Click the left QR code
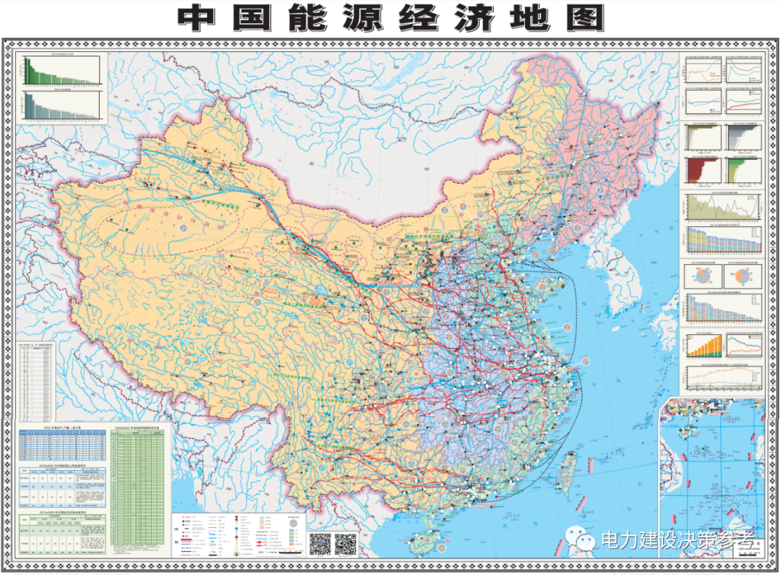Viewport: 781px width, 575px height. pyautogui.click(x=320, y=543)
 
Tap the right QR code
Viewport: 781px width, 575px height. pyautogui.click(x=346, y=543)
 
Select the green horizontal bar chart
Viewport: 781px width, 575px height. pyautogui.click(x=743, y=171)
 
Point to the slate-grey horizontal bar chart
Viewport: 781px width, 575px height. pyautogui.click(x=743, y=137)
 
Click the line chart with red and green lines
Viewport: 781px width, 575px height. pyautogui.click(x=743, y=100)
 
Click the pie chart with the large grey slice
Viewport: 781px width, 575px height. pyautogui.click(x=701, y=276)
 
